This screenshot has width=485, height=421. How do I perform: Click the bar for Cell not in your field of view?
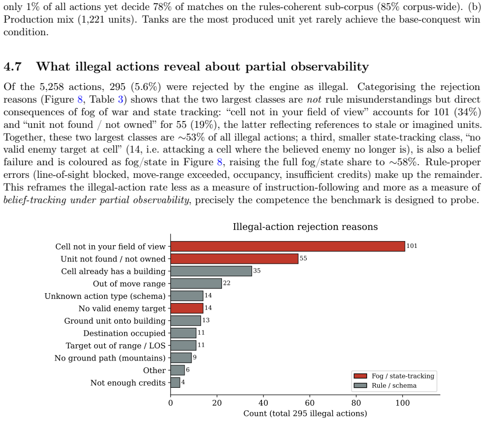pyautogui.click(x=288, y=246)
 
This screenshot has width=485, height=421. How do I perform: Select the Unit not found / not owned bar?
pyautogui.click(x=235, y=258)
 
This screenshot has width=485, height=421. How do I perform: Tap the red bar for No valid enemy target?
pyautogui.click(x=187, y=308)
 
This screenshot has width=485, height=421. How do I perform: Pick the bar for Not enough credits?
pyautogui.click(x=175, y=383)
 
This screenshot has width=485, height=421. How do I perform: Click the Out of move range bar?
pyautogui.click(x=196, y=283)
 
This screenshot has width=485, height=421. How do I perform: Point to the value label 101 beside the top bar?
pyautogui.click(x=412, y=246)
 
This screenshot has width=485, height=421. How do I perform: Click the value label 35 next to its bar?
pyautogui.click(x=257, y=270)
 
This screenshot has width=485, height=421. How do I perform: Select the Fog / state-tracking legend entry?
pyautogui.click(x=394, y=376)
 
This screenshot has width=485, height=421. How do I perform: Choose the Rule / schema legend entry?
pyautogui.click(x=386, y=385)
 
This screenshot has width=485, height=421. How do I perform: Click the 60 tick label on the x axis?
pyautogui.click(x=310, y=403)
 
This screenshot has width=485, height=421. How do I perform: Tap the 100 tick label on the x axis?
pyautogui.click(x=402, y=403)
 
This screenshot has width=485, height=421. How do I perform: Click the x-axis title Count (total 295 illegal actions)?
pyautogui.click(x=305, y=414)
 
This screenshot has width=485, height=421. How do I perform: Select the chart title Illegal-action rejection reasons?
pyautogui.click(x=305, y=227)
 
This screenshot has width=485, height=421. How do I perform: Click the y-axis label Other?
pyautogui.click(x=154, y=370)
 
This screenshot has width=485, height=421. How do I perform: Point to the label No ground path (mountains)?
pyautogui.click(x=110, y=358)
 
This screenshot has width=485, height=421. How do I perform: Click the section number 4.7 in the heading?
pyautogui.click(x=13, y=67)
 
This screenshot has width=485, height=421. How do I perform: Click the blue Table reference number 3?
pyautogui.click(x=120, y=99)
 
